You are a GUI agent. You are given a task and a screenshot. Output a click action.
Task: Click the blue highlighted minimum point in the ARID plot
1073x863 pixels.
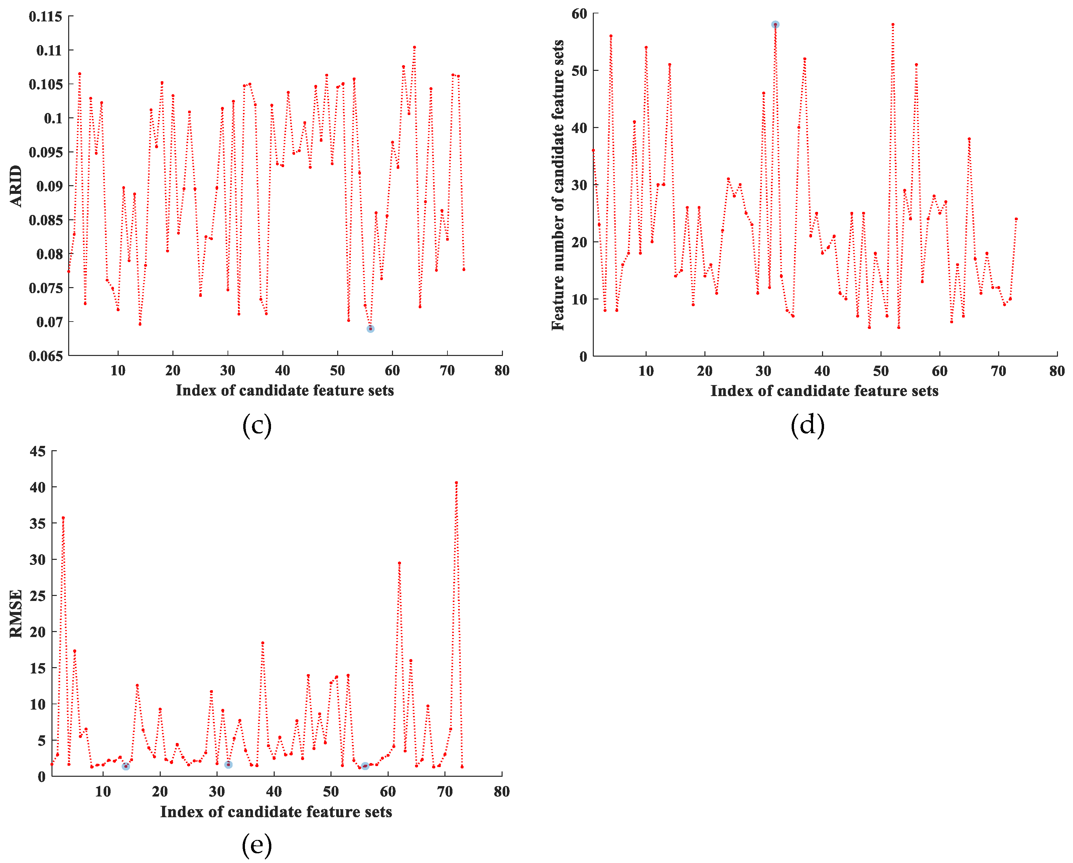pyautogui.click(x=370, y=329)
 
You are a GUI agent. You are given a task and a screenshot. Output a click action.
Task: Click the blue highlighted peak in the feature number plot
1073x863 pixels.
pyautogui.click(x=775, y=24)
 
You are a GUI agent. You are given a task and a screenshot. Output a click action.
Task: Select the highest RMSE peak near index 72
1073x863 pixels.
pyautogui.click(x=456, y=482)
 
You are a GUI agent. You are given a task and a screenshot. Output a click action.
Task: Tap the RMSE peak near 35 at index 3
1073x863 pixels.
pyautogui.click(x=63, y=518)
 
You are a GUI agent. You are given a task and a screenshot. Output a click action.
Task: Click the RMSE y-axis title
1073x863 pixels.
pyautogui.click(x=16, y=613)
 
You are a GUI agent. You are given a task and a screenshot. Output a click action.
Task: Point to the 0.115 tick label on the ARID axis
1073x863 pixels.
pyautogui.click(x=46, y=17)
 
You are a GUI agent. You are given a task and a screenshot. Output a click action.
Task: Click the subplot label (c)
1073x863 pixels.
pyautogui.click(x=257, y=425)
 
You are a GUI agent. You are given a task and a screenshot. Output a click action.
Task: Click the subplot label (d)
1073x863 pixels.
pyautogui.click(x=807, y=425)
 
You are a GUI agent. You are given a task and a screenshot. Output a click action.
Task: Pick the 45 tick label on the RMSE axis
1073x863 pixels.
pyautogui.click(x=38, y=452)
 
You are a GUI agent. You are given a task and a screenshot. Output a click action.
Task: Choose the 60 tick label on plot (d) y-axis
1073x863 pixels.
pyautogui.click(x=579, y=14)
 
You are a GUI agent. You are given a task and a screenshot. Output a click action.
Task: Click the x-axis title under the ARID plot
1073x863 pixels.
pyautogui.click(x=285, y=390)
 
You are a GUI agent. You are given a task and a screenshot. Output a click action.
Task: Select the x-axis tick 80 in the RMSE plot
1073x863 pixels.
pyautogui.click(x=502, y=791)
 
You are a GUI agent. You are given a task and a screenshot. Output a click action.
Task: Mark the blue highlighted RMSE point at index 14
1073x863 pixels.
pyautogui.click(x=126, y=766)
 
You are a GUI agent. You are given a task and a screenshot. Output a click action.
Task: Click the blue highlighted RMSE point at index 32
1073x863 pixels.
pyautogui.click(x=229, y=764)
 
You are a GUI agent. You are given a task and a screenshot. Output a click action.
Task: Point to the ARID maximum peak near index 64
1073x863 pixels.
pyautogui.click(x=414, y=47)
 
